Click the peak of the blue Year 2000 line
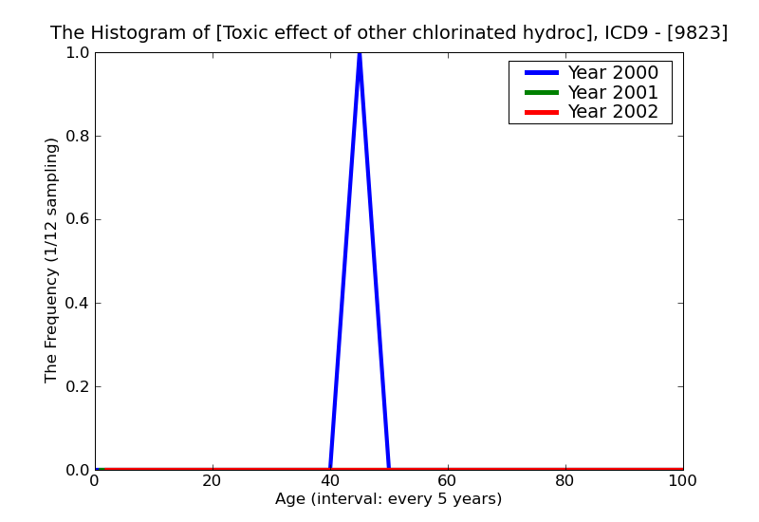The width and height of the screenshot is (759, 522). point(360,54)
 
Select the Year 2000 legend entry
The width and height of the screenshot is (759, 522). point(612,73)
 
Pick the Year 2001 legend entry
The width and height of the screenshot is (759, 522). point(612,92)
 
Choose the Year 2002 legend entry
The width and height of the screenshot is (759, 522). point(612,112)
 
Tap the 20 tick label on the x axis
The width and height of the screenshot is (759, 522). point(213,481)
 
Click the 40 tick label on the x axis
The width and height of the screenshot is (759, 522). point(330,481)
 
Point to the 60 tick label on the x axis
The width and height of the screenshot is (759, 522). point(448,481)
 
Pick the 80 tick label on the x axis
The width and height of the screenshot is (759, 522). point(565,481)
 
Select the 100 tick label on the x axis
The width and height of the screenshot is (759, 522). point(683,481)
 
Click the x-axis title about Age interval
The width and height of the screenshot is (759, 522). point(388,499)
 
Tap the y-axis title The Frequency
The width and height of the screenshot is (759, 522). point(52,260)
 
